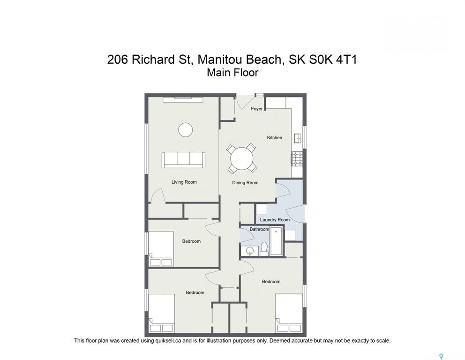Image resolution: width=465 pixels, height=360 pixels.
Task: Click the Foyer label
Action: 256,109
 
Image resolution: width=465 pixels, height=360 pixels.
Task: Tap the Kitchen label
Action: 275,138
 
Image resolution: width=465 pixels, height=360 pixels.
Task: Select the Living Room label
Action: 184,182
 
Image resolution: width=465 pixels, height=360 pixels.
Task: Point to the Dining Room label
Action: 245,183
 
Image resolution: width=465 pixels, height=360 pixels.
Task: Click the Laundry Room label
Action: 275,220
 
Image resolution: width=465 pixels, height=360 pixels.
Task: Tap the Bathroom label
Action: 259,229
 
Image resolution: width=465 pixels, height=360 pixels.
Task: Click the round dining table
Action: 242,158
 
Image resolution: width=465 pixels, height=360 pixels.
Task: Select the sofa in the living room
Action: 183,160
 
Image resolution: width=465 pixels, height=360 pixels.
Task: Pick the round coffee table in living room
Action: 186,130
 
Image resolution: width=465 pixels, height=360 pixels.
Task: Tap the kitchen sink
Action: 298,138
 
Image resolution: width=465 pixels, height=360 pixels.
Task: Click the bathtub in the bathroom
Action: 277,241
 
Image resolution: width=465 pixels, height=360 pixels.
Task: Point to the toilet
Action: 264,249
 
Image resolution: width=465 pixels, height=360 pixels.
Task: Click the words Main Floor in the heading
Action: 232,73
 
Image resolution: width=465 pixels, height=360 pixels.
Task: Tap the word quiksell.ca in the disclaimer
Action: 168,341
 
